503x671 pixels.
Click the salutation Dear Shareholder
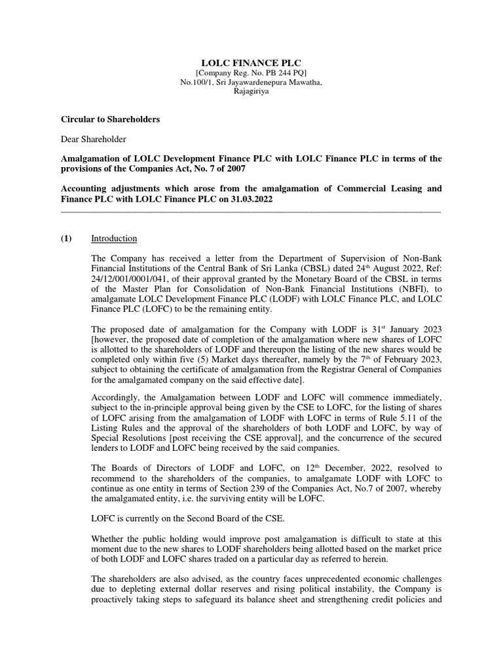[94, 139]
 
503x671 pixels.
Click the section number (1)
[66, 239]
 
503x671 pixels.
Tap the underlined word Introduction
[114, 239]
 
